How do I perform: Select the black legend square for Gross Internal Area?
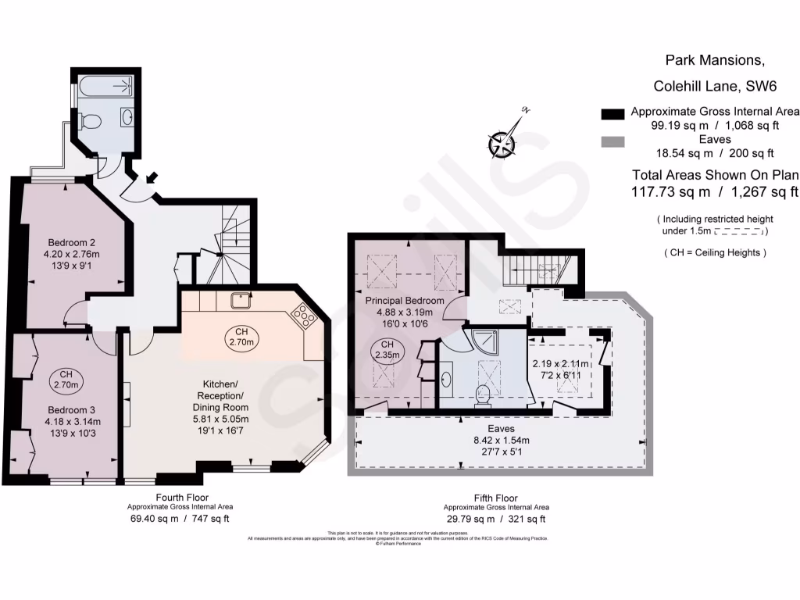click(x=613, y=114)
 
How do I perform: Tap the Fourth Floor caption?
click(x=180, y=497)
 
